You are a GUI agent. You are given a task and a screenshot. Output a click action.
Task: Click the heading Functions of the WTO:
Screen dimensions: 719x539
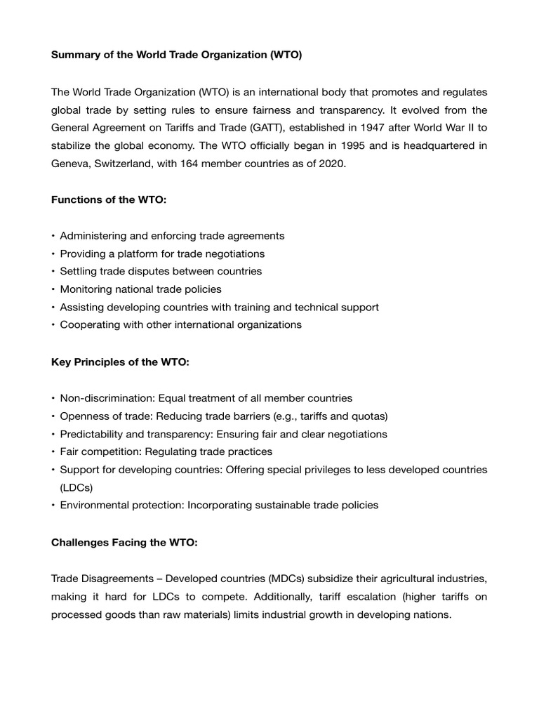pyautogui.click(x=109, y=199)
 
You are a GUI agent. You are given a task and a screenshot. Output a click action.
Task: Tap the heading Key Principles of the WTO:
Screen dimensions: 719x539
pyautogui.click(x=120, y=362)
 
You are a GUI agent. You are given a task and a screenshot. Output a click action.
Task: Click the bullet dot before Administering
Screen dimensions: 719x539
pyautogui.click(x=53, y=236)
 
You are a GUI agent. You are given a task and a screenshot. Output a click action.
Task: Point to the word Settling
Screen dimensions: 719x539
pyautogui.click(x=80, y=271)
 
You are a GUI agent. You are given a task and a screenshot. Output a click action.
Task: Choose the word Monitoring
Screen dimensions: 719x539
pyautogui.click(x=86, y=289)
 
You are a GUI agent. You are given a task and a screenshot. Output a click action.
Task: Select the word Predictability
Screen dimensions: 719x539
pyautogui.click(x=93, y=434)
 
